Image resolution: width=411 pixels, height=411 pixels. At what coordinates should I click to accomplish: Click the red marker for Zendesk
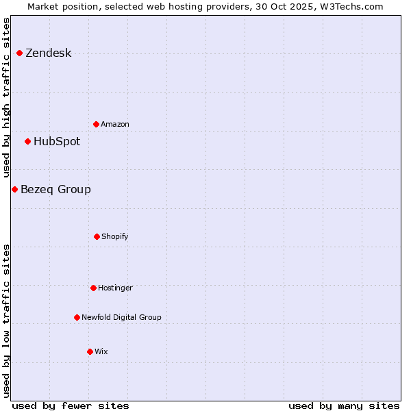click(x=19, y=53)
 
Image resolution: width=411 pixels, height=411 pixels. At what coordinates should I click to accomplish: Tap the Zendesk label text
click(x=48, y=53)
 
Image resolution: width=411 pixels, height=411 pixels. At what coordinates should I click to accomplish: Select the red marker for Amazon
click(x=96, y=124)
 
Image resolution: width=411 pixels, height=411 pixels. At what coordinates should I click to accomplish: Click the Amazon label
click(x=115, y=125)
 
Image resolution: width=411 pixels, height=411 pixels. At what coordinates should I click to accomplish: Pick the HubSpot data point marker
click(x=27, y=141)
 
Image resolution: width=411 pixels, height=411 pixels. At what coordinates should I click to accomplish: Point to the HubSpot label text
click(x=57, y=142)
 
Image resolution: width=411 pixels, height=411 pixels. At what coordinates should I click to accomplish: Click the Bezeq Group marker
click(x=14, y=189)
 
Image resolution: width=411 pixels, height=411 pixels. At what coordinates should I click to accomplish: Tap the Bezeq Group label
click(x=55, y=190)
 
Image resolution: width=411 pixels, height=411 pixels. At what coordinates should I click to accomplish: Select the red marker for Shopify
click(x=97, y=236)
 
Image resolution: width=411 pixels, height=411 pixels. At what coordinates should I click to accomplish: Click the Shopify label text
click(x=115, y=237)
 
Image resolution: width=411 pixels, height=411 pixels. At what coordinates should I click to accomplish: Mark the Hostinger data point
click(x=93, y=288)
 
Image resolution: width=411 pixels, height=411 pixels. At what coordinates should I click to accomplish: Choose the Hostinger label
click(x=115, y=288)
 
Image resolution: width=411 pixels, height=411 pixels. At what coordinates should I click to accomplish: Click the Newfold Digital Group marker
click(x=77, y=317)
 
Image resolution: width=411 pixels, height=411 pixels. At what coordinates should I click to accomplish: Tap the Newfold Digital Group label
click(x=121, y=318)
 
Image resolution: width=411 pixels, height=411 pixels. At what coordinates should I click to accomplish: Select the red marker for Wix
click(x=90, y=351)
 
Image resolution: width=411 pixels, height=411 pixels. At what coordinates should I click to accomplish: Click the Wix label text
click(x=101, y=352)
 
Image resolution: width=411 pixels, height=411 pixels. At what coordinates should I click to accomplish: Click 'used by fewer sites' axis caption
click(x=71, y=406)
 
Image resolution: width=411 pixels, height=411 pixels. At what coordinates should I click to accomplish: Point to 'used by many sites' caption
click(x=344, y=406)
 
